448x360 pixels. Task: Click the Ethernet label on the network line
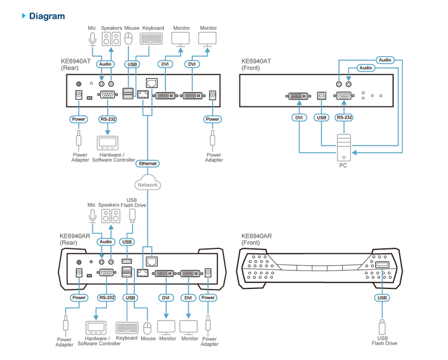[x=147, y=163]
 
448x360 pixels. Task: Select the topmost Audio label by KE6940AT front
[x=385, y=60]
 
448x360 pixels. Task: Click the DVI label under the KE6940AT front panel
[x=299, y=118]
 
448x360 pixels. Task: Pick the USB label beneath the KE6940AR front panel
[x=382, y=297]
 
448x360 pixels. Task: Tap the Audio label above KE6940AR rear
[x=106, y=242]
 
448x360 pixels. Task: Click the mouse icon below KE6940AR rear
[x=148, y=328]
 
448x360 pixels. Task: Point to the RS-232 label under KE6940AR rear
[x=107, y=297]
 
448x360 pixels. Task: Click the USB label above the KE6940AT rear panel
[x=133, y=63]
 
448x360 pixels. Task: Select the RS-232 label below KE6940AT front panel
[x=344, y=118]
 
